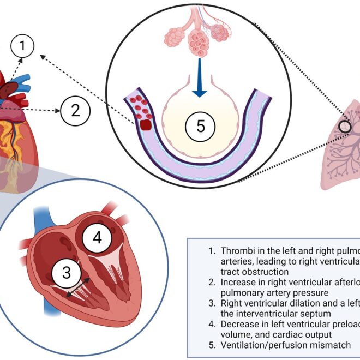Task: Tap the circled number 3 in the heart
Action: coord(67,273)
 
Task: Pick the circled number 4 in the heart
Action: coord(97,238)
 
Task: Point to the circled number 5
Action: coord(200,127)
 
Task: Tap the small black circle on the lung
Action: coord(344,127)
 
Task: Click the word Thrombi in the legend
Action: coord(237,251)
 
